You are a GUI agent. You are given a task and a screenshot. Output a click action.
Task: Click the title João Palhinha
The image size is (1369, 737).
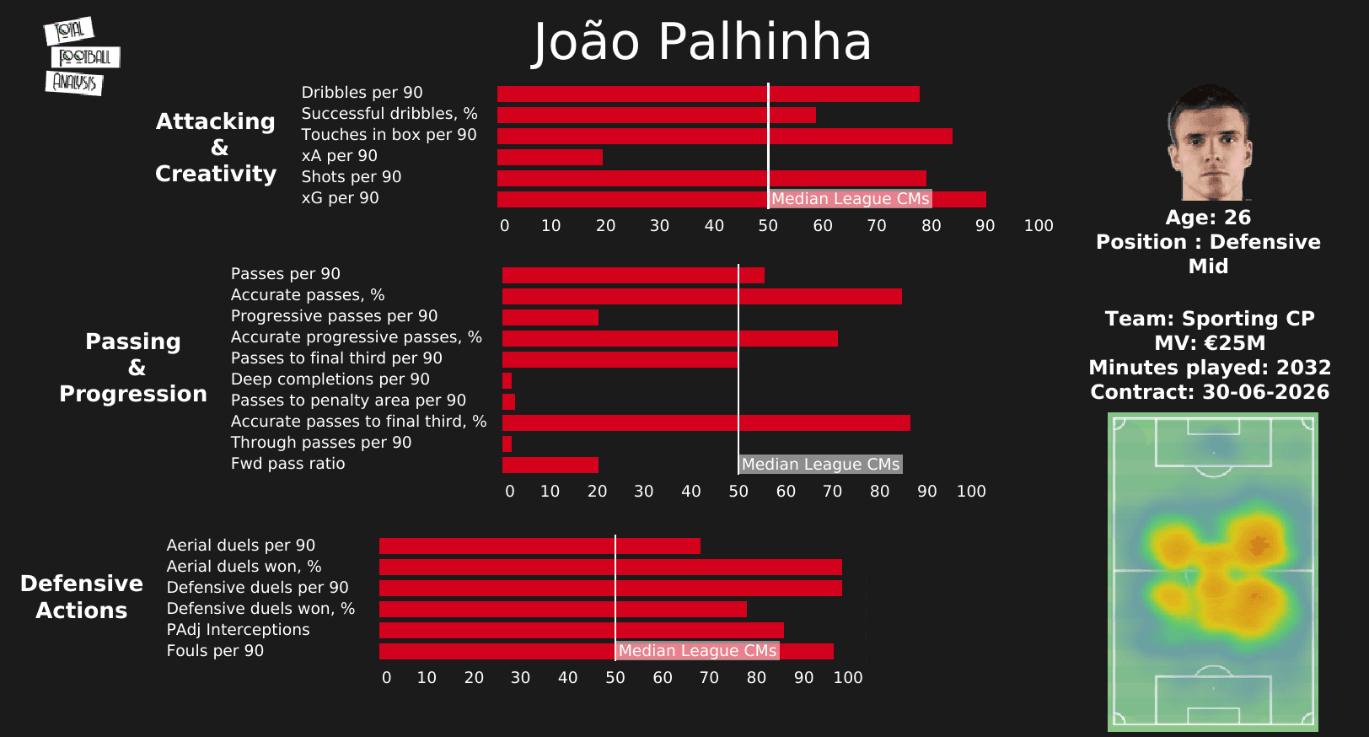(702, 41)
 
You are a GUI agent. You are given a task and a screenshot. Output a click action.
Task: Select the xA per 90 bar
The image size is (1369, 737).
(550, 157)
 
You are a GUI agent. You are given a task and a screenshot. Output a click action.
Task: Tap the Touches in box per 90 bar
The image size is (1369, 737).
(724, 136)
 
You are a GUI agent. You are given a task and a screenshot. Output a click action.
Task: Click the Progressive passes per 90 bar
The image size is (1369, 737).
(550, 317)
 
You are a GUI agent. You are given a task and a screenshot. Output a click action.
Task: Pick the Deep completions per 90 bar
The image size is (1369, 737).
(507, 380)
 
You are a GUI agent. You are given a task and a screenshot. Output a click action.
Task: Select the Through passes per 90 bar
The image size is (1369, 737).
(507, 444)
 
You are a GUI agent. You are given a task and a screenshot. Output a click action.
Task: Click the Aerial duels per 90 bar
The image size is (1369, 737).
(540, 546)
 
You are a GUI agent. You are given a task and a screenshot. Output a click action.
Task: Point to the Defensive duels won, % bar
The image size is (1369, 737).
(562, 609)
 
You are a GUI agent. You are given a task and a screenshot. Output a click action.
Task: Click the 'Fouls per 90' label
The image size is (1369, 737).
(215, 651)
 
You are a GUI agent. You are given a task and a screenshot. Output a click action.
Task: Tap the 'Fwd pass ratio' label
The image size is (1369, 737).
(287, 464)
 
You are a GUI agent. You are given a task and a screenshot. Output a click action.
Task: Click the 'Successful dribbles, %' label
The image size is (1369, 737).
(389, 114)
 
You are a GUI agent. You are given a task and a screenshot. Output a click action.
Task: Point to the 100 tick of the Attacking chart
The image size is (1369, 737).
(1039, 226)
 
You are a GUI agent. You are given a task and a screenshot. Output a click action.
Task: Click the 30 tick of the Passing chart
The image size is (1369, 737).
(644, 492)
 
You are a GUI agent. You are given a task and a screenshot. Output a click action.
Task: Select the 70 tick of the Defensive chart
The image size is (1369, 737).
(710, 678)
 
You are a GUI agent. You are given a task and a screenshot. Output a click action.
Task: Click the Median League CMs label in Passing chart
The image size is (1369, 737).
(820, 465)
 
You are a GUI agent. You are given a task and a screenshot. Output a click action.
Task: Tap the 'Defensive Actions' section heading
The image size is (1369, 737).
(82, 597)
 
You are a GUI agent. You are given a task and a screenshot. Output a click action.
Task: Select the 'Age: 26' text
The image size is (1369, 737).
(1208, 218)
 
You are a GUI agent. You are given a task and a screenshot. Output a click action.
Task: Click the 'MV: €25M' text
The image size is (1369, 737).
(1210, 343)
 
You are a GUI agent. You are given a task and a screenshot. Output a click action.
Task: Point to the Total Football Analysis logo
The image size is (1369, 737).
(81, 56)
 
